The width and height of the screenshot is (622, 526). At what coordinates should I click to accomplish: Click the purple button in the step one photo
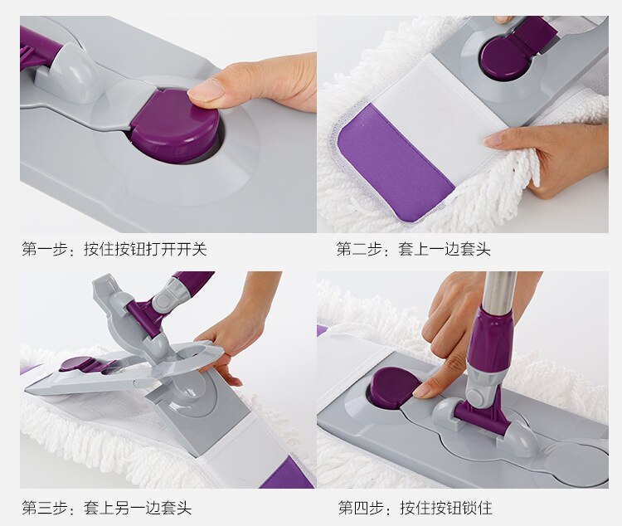point(174,127)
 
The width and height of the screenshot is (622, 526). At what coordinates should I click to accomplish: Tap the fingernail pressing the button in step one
point(207,90)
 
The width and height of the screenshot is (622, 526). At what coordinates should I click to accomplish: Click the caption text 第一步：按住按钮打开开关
point(114,249)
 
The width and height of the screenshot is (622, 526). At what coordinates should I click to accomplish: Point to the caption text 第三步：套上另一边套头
point(106,507)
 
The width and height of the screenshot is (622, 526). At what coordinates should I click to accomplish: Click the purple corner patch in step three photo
point(287,475)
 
